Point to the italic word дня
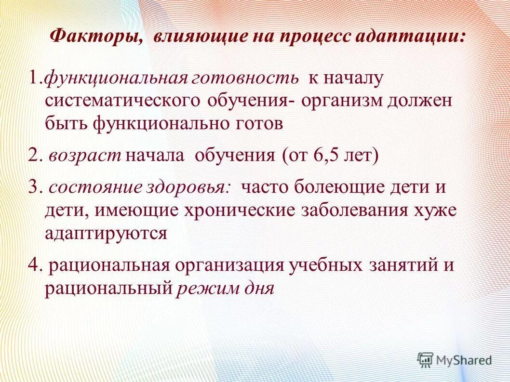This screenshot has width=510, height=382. click(261, 289)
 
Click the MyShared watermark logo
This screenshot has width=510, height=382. click(455, 360)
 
